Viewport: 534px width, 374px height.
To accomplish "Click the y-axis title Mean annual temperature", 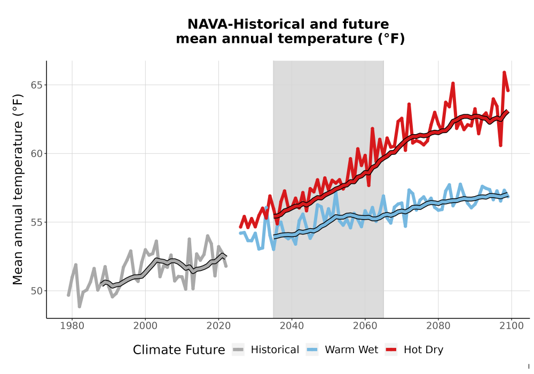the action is tap(18, 189).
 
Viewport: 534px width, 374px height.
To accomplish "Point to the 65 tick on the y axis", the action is tap(37, 85).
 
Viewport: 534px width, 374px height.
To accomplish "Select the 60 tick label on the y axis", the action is tap(37, 154).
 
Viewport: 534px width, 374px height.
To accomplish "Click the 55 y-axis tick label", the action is tap(37, 222).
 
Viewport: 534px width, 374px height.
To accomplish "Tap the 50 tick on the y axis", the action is tap(37, 291).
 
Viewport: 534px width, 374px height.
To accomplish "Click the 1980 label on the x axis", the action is tap(72, 326).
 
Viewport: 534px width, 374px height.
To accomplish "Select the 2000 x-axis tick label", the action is tap(145, 326).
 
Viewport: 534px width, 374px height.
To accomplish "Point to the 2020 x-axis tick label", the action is tap(218, 326).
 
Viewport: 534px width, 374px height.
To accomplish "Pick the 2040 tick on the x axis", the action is tap(292, 326).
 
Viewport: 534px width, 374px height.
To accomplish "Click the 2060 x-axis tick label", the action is tap(365, 326).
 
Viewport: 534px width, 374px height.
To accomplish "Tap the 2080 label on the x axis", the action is tap(438, 326).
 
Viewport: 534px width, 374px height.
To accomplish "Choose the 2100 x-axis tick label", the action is tap(512, 326).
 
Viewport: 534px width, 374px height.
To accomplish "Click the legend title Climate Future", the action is tap(179, 350).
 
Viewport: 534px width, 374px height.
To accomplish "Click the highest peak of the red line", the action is tap(504, 72).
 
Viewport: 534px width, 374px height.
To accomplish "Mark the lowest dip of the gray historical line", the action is tap(80, 307).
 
